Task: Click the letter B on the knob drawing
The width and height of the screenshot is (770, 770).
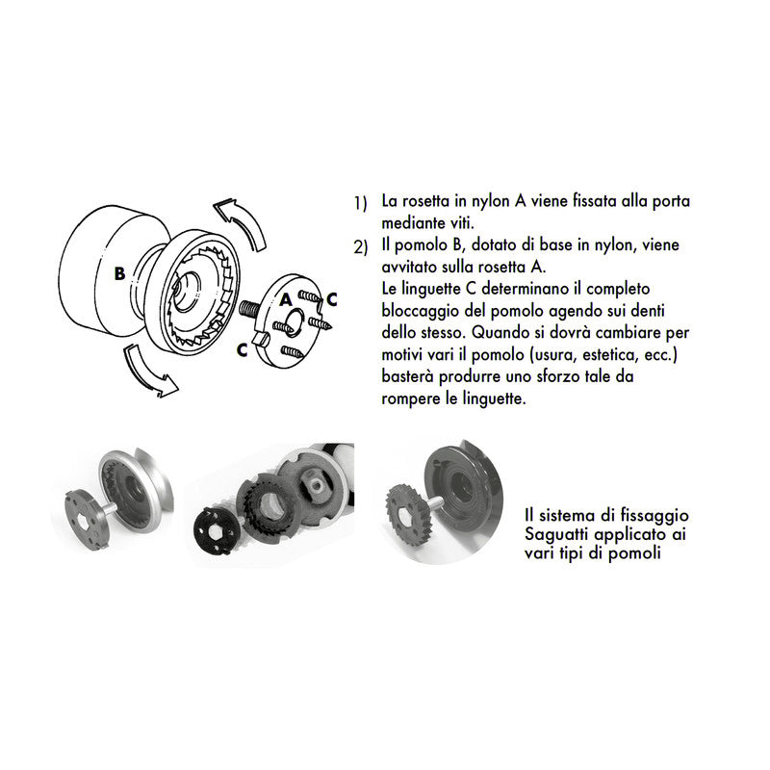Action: coord(118,272)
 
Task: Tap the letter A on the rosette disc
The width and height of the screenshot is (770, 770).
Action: coord(286,300)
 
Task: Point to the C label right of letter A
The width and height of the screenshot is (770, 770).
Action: coord(331,299)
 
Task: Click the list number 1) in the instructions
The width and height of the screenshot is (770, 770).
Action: coord(360,203)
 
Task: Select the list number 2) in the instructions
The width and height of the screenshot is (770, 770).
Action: coord(360,246)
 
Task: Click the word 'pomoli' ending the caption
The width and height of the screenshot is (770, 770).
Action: coord(636,554)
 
